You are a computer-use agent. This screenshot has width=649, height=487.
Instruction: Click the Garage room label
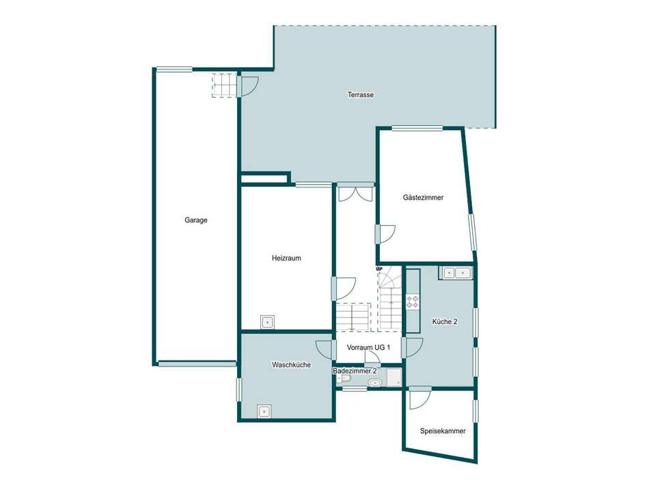195,220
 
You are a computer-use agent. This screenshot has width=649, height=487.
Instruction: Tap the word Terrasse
360,95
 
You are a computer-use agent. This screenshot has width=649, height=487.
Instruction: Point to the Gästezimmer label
423,198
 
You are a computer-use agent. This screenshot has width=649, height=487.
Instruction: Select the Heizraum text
286,259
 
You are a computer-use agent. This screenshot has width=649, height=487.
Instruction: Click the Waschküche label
291,365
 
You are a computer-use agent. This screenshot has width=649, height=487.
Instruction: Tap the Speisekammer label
443,432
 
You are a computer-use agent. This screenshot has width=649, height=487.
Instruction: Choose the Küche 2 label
445,321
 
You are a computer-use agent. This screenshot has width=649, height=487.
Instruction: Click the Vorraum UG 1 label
368,347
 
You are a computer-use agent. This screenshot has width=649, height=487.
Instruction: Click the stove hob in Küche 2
413,301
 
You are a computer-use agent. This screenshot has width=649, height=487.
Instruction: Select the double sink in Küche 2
456,273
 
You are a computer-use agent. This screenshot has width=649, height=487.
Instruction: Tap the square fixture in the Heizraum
268,321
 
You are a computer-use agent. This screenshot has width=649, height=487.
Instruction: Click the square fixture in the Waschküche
264,411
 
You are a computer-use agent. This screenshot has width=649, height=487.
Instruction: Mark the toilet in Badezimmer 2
344,379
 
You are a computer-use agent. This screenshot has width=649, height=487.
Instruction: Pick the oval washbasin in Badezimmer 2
374,382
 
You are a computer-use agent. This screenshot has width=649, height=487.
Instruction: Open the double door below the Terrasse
355,192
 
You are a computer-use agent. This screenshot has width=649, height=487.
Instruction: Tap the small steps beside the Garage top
223,85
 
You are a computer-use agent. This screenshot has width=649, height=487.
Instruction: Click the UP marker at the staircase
379,269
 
